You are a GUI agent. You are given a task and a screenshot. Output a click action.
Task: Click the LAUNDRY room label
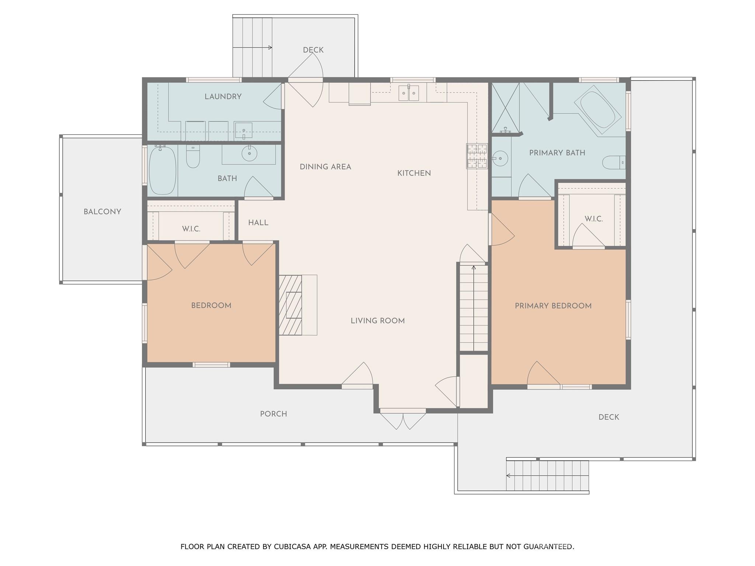coord(223,97)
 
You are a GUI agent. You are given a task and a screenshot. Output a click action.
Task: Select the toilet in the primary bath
coord(613,162)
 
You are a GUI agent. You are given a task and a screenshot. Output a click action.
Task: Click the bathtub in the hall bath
coord(162,170)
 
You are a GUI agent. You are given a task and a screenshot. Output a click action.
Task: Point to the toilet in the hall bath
coord(193,157)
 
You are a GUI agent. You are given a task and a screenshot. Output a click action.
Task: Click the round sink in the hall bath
coord(249,153)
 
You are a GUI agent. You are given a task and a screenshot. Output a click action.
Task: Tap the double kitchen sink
coord(408,93)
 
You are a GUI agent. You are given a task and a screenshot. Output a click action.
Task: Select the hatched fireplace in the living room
coord(290,305)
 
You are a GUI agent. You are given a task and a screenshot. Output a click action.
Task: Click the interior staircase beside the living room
coord(474,308)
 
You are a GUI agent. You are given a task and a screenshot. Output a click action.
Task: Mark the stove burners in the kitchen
coord(477,156)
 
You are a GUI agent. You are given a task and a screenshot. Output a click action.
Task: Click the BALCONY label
coord(102,212)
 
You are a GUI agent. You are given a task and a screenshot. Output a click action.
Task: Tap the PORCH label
coord(273,414)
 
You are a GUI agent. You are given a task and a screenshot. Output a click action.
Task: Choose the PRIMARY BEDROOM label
coord(553,306)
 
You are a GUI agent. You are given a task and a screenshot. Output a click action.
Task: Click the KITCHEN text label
coord(414,173)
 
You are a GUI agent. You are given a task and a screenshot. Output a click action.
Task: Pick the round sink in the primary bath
coord(500,158)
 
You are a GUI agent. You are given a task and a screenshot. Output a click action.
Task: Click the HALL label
coord(258,223)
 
